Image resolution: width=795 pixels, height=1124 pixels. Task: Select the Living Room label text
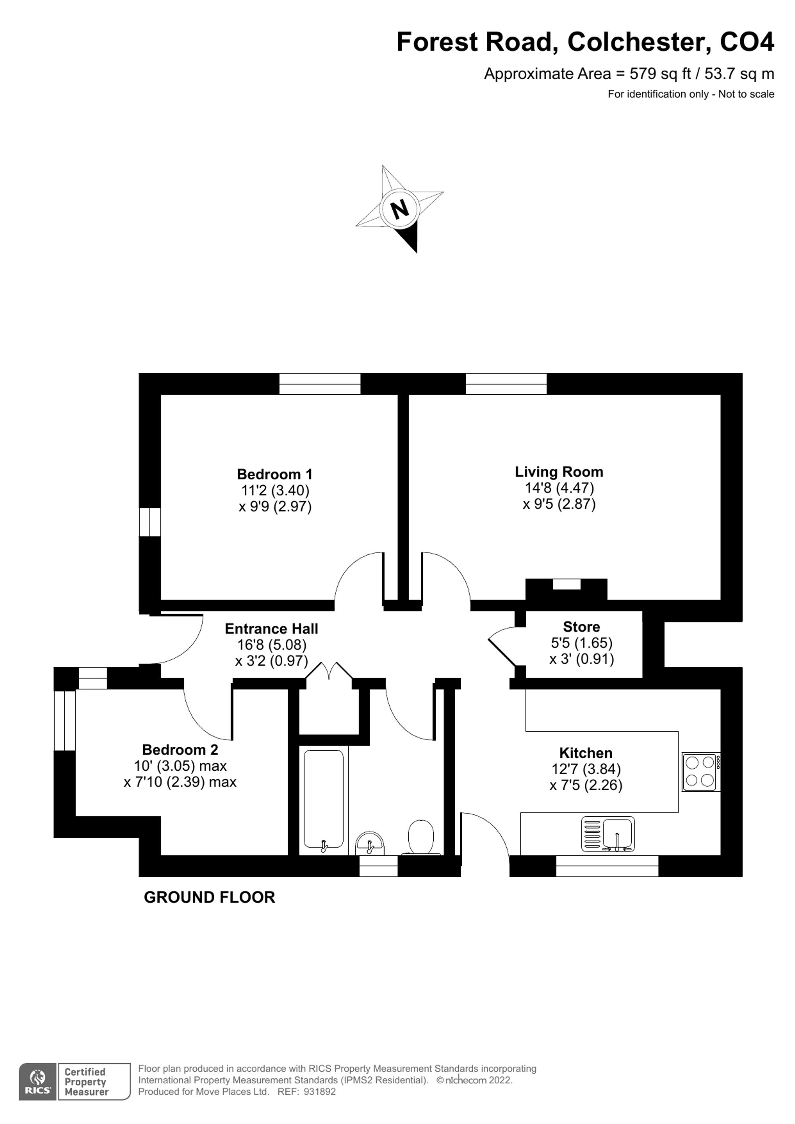(x=558, y=471)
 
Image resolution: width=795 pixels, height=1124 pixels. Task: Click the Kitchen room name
(x=586, y=752)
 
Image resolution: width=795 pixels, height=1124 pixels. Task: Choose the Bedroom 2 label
(x=180, y=750)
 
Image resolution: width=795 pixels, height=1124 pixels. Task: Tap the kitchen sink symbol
(x=608, y=834)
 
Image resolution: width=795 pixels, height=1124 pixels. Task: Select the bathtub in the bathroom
(x=323, y=799)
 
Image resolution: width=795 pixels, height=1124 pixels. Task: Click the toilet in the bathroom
(x=421, y=836)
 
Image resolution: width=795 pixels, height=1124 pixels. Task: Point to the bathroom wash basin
(x=370, y=843)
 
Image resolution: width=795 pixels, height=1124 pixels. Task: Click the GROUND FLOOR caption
(x=209, y=897)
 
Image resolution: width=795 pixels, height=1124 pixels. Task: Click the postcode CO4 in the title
(x=747, y=42)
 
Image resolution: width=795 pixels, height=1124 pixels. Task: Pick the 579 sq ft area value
(x=660, y=74)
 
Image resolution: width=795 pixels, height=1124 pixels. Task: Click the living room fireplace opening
(x=566, y=584)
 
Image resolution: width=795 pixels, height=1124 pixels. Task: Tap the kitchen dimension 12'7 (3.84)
(x=586, y=769)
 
